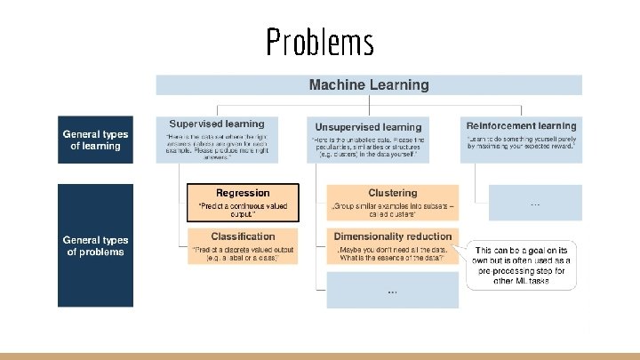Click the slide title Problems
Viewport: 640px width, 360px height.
coord(320,41)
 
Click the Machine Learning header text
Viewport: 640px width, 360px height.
coord(368,85)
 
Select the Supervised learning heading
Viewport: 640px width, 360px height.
coord(216,124)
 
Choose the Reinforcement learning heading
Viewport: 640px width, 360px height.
coord(521,125)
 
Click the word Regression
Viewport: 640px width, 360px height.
coord(242,193)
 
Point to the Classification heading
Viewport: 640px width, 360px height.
coord(243,236)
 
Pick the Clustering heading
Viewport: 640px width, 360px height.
coord(392,193)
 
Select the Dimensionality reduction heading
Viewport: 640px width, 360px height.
coord(392,236)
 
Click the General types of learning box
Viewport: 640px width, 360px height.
coord(95,140)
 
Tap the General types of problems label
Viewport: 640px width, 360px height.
coord(95,245)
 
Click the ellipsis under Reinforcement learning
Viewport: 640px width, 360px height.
coord(534,204)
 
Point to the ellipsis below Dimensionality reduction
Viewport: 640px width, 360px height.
coord(392,291)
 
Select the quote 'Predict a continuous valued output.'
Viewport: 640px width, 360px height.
coord(242,210)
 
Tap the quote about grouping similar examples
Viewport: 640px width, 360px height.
coord(392,210)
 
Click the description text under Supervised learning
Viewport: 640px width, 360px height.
coord(216,144)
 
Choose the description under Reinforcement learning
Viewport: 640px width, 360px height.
coord(521,144)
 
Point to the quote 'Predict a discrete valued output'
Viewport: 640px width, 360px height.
coord(243,253)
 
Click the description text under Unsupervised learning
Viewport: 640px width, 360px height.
coord(368,147)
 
